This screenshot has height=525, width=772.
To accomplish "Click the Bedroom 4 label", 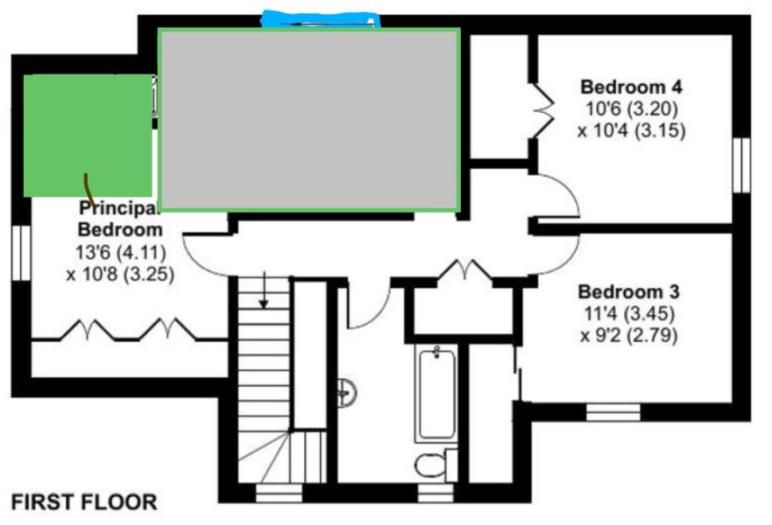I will point(631,87).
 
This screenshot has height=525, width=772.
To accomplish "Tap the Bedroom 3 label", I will point(628,292).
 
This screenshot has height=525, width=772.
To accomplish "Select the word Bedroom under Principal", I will point(120,230).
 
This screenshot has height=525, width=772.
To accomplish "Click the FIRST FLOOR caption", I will point(84,502).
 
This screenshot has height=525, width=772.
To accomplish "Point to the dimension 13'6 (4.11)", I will point(120,252).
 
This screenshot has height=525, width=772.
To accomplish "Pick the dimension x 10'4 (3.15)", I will point(631,131).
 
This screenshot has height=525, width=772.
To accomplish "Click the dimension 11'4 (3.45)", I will point(628,314).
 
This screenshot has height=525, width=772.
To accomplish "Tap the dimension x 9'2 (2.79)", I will point(628,335).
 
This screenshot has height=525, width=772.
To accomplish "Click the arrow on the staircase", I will point(264,294).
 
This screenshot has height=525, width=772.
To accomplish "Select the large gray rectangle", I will point(309,120).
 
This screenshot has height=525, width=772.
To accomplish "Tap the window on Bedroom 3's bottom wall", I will point(613,411).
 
